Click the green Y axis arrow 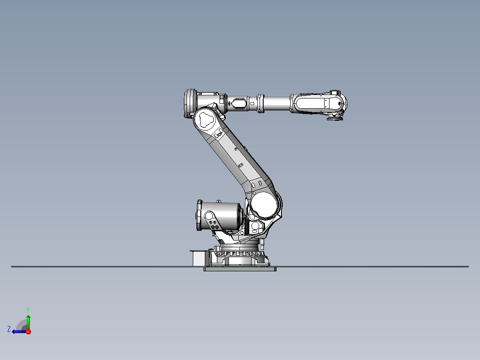click(x=28, y=321)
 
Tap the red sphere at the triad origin click(x=28, y=331)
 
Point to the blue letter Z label click(x=9, y=329)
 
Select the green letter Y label click(x=28, y=309)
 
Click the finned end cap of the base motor click(x=198, y=216)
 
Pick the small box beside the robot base click(x=198, y=258)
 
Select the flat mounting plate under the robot click(x=240, y=269)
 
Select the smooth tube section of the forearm click(x=277, y=103)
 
